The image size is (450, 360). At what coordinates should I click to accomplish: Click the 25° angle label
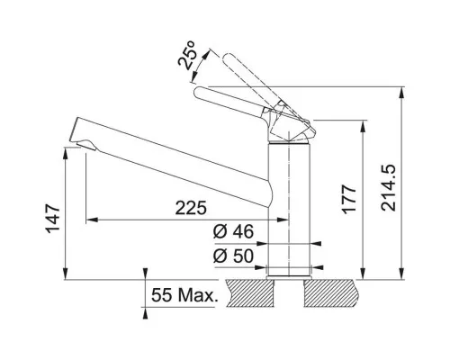pos(186,55)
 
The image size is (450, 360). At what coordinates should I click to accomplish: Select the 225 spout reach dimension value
pos(191,208)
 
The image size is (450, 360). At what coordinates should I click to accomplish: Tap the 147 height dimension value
pos(53,219)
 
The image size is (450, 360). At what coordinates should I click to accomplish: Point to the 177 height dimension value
pos(349,199)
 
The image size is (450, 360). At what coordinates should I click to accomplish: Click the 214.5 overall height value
pos(388,187)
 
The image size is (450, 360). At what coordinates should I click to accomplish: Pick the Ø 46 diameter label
pos(233,231)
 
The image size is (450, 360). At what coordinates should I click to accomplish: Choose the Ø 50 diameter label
pos(233,256)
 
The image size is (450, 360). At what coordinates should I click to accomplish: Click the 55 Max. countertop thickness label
pos(184,295)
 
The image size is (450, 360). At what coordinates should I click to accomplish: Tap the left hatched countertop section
pos(250,293)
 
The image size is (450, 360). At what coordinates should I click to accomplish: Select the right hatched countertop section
pos(330,293)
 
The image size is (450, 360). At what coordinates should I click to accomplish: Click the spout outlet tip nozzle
pos(86,144)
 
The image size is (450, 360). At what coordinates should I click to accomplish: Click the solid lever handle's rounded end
pos(199,93)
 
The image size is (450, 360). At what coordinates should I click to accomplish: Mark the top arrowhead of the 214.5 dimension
pos(401,92)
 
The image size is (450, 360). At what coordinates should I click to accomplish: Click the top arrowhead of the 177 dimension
pos(363,125)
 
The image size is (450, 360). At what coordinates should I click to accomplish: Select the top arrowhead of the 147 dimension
pos(66,152)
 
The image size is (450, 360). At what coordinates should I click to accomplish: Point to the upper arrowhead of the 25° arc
pos(205,54)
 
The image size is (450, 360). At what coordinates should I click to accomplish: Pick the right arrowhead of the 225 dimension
pos(283,220)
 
